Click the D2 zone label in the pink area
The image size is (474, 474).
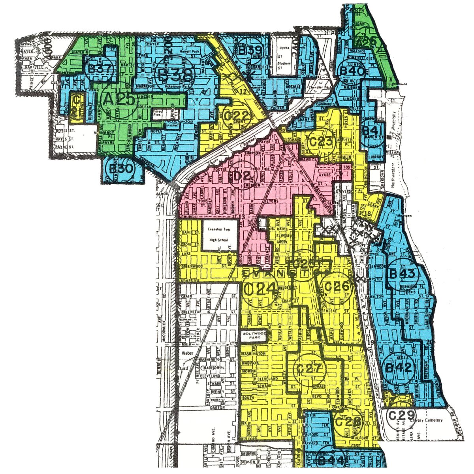point(242,177)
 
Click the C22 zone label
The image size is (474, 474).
point(237,116)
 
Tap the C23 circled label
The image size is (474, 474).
point(323,142)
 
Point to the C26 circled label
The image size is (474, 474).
point(336,287)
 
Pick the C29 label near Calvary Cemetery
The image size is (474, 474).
point(401,416)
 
